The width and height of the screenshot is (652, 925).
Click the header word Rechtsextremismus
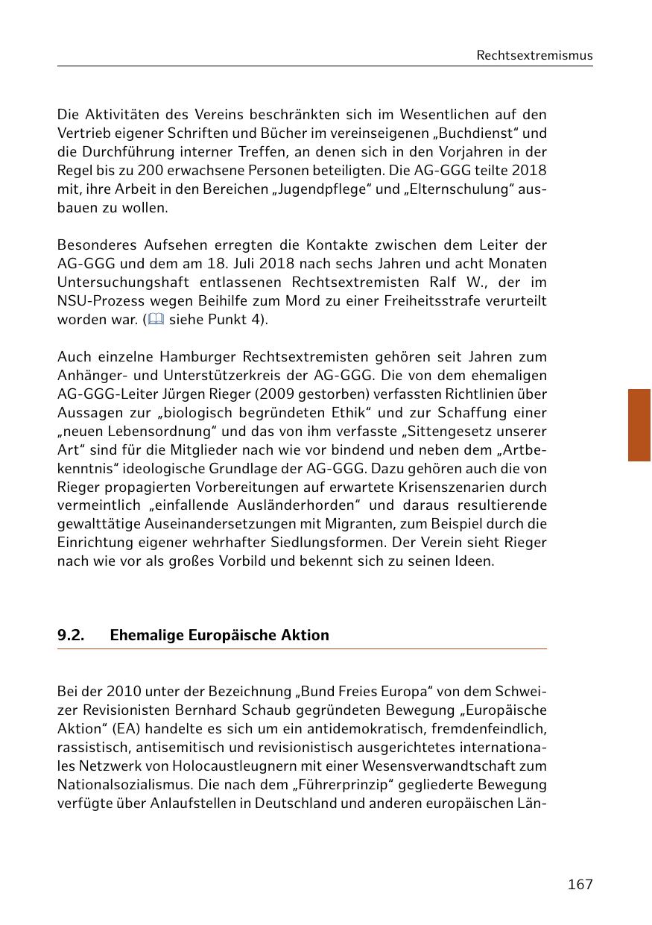534,55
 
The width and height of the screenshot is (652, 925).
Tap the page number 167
580,884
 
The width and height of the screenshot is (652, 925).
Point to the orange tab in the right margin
639,425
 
